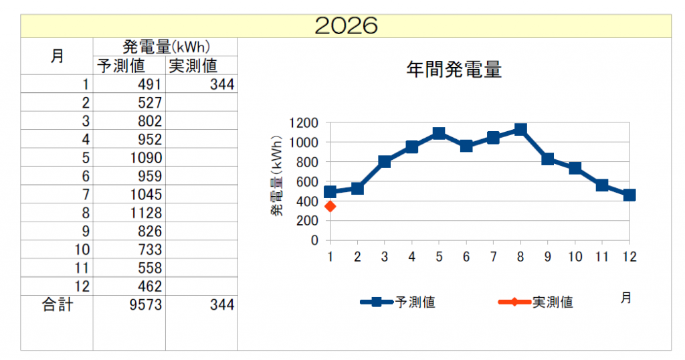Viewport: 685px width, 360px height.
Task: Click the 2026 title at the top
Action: pyautogui.click(x=346, y=25)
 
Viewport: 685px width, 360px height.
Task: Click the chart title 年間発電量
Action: pyautogui.click(x=454, y=70)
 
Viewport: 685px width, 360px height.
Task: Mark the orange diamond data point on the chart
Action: pyautogui.click(x=330, y=206)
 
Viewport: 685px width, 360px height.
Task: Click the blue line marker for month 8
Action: pyautogui.click(x=520, y=129)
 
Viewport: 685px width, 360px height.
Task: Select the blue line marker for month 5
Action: pyautogui.click(x=439, y=133)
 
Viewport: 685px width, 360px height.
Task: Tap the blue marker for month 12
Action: pyautogui.click(x=629, y=195)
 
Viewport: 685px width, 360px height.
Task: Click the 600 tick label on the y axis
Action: pyautogui.click(x=307, y=181)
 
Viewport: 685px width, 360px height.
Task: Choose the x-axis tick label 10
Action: pyautogui.click(x=575, y=256)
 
